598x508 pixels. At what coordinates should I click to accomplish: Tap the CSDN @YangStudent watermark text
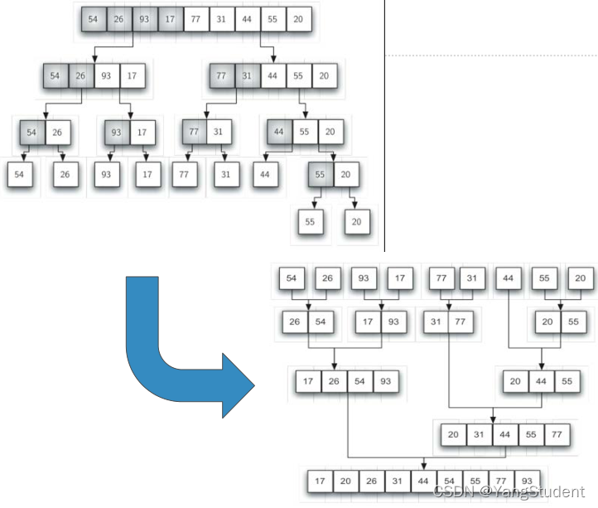[x=509, y=491]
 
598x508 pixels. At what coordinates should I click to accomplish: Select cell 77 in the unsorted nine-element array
[x=196, y=19]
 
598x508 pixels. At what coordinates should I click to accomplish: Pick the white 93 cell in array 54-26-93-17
[x=106, y=75]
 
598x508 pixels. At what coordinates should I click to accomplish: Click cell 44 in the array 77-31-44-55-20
[x=272, y=75]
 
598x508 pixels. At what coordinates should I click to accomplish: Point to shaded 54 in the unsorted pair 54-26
[x=32, y=132]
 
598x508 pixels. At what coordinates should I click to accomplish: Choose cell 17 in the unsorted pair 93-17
[x=142, y=132]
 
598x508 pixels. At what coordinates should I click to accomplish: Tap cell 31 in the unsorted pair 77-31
[x=219, y=132]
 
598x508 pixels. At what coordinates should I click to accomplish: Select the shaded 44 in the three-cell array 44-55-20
[x=280, y=132]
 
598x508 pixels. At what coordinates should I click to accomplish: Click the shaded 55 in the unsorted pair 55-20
[x=321, y=174]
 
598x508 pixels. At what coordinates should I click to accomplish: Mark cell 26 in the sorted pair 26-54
[x=295, y=322]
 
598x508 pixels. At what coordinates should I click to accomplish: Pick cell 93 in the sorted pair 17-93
[x=393, y=322]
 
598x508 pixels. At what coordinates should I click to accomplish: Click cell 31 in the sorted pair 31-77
[x=436, y=322]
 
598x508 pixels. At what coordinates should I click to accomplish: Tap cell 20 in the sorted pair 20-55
[x=547, y=322]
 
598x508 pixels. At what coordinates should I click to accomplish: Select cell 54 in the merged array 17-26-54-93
[x=359, y=381]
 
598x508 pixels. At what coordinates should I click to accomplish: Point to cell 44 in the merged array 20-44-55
[x=541, y=381]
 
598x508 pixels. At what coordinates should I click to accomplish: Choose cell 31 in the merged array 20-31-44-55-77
[x=479, y=434]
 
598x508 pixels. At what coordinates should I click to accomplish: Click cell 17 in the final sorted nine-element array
[x=321, y=481]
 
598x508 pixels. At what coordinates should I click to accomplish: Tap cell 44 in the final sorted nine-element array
[x=424, y=481]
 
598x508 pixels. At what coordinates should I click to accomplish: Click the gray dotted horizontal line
[x=492, y=56]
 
